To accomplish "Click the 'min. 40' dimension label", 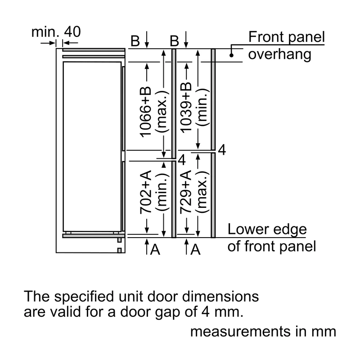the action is [56, 31].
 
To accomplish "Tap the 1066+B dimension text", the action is [146, 112].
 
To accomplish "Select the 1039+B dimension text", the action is [186, 108].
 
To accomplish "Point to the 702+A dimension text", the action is [146, 192].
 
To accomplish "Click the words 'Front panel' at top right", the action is [287, 37].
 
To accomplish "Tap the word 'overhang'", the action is [279, 54].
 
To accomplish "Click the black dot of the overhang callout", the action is [231, 55].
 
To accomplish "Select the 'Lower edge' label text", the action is [267, 229].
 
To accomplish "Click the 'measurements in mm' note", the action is [263, 332].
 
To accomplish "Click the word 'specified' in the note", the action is [84, 297].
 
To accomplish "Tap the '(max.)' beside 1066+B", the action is [162, 112].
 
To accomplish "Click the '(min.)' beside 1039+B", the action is [202, 108].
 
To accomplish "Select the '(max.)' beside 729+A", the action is [202, 192].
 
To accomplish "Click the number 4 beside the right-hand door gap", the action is [222, 150].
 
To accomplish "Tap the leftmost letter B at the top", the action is [135, 41].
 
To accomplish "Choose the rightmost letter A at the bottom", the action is [195, 250].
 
